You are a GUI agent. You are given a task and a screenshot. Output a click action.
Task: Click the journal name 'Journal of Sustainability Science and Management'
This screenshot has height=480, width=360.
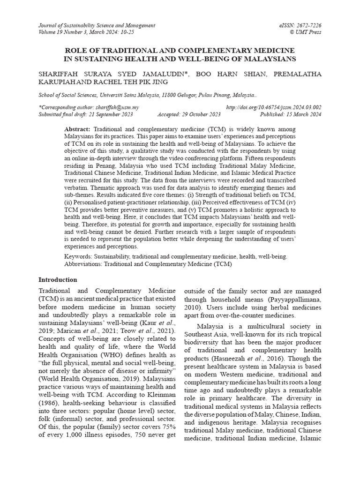tap(97, 25)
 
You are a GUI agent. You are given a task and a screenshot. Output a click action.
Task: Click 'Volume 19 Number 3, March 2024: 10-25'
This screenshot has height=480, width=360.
tap(86, 32)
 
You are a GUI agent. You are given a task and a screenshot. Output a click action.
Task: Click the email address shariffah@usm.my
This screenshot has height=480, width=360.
tap(119, 107)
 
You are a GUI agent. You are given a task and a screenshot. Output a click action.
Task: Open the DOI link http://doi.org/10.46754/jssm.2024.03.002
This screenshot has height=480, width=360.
tap(274, 107)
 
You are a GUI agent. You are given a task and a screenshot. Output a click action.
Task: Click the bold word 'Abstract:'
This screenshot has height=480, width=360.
tap(77, 128)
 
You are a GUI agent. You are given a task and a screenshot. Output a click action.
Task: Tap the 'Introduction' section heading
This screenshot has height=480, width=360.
tap(58, 279)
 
